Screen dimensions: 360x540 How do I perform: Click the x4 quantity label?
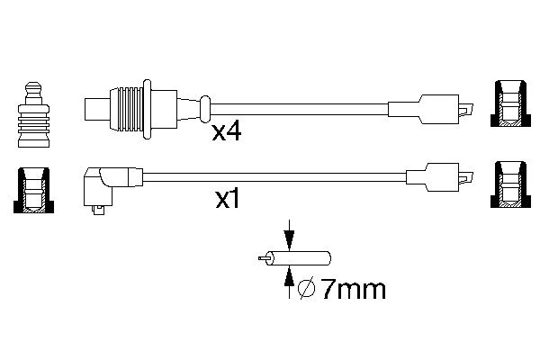[x=226, y=133]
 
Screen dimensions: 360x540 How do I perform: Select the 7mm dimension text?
[x=352, y=289]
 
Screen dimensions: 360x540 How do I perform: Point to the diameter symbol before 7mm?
[x=305, y=289]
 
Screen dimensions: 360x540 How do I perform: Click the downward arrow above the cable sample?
[x=288, y=238]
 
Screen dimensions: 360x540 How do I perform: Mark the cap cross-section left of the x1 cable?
[x=33, y=191]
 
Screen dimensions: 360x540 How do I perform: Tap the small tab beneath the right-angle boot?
[x=100, y=212]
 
